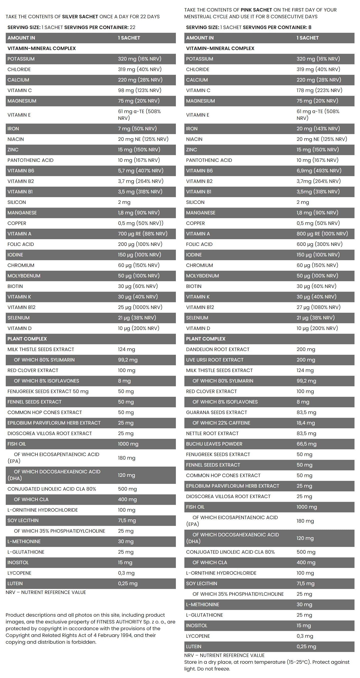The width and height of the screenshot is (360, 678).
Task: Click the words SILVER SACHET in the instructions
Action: (x=80, y=17)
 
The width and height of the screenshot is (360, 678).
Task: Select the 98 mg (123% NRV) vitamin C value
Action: (x=140, y=90)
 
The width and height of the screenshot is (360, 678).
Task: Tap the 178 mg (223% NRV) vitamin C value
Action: (x=319, y=90)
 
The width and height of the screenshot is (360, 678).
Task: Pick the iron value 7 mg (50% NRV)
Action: (x=137, y=128)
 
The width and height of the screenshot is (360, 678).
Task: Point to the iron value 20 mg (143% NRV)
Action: (x=318, y=128)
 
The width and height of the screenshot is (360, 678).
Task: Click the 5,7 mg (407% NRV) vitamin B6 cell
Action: (x=141, y=171)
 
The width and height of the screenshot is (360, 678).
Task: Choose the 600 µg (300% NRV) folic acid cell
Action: (x=319, y=244)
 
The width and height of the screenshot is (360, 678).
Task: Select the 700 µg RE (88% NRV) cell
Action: (x=142, y=234)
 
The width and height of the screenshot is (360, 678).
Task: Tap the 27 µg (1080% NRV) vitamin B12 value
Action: (x=318, y=307)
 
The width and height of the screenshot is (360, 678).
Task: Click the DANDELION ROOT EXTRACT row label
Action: (x=217, y=349)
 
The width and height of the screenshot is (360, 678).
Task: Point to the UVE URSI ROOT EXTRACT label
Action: (x=214, y=360)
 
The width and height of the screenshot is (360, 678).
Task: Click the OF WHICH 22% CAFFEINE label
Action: (x=221, y=423)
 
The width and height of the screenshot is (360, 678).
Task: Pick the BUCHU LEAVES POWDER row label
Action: (x=214, y=444)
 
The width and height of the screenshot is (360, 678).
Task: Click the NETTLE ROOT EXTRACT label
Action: (x=212, y=434)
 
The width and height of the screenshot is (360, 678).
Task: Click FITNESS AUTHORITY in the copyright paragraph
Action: (x=119, y=622)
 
